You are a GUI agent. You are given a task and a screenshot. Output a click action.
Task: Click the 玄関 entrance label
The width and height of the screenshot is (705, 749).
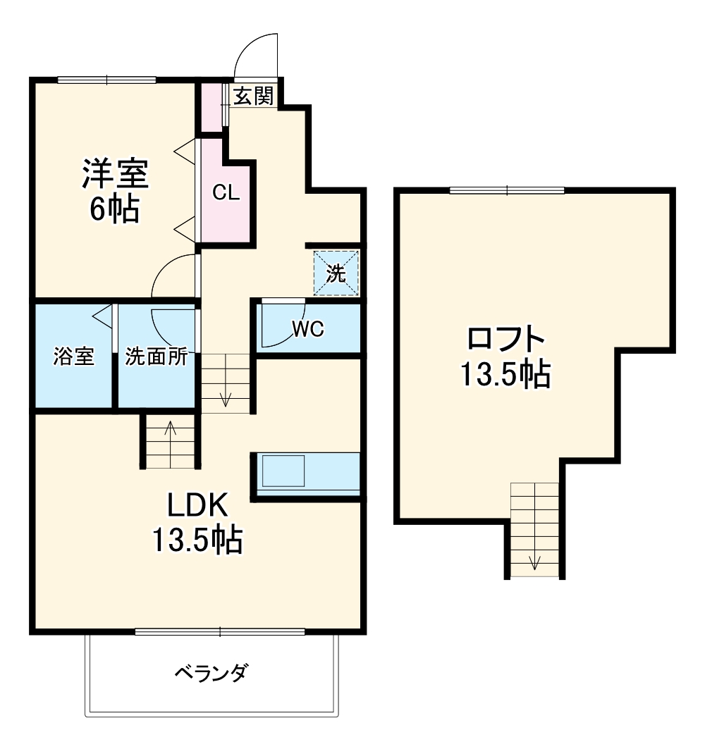[253, 96]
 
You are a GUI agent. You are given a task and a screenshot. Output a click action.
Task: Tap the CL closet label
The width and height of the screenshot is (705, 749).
[226, 193]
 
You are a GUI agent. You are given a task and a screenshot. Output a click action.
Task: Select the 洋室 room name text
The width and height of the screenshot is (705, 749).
[115, 175]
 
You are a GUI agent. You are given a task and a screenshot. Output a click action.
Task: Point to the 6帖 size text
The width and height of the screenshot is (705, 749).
[114, 209]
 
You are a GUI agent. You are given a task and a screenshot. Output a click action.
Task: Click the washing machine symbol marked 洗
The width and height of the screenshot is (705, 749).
[336, 273]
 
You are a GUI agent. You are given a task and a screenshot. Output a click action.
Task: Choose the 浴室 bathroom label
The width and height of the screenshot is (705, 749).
[74, 357]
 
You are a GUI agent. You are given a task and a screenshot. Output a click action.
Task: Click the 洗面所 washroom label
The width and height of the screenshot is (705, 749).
[157, 357]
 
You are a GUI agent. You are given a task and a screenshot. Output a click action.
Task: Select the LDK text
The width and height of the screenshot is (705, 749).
[197, 506]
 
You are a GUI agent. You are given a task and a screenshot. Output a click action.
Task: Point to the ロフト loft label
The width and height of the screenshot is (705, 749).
[506, 340]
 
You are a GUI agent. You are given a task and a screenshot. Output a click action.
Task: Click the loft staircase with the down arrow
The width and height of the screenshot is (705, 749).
[534, 529]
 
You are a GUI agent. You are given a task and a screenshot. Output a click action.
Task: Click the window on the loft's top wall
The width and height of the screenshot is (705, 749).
[507, 190]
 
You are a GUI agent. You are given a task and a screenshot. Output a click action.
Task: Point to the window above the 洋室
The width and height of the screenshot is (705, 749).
[106, 80]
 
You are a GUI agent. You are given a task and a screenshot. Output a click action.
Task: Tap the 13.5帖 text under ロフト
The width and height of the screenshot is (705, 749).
[505, 376]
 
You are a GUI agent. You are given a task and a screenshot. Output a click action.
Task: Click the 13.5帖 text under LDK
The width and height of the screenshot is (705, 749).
[197, 541]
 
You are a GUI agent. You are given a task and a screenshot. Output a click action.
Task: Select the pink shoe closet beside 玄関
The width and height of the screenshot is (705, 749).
[211, 107]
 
